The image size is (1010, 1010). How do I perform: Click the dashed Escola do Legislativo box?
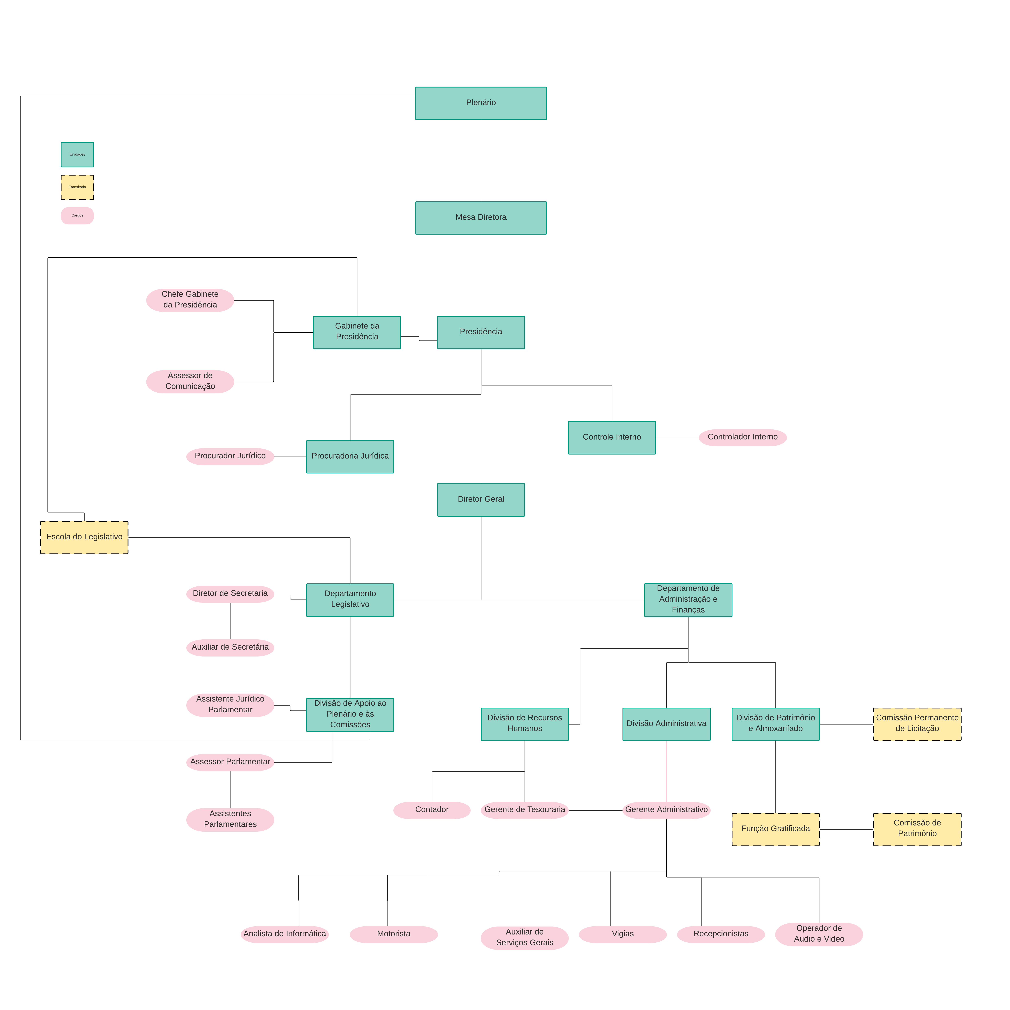tap(84, 537)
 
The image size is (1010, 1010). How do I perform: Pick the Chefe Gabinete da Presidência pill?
tap(190, 300)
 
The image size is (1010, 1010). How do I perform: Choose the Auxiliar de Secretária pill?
tap(230, 647)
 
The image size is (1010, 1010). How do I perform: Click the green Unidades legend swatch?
tap(77, 155)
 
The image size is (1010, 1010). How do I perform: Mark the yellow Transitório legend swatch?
tap(77, 187)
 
